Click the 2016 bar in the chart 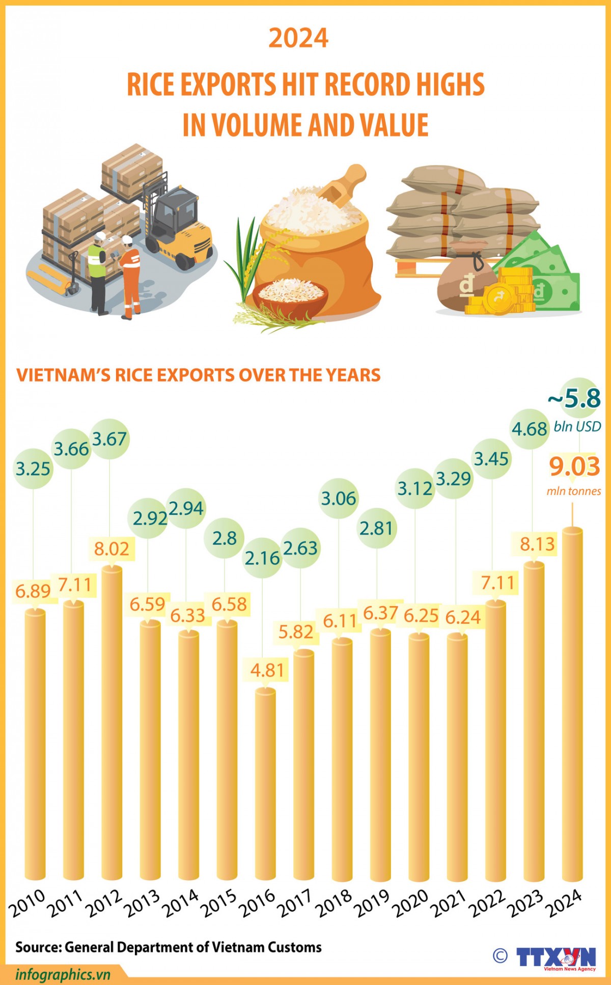point(265,784)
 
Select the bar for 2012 point(112,723)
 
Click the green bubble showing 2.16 point(262,558)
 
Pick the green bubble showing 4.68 point(530,429)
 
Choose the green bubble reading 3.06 point(339,498)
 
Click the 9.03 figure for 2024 point(574,467)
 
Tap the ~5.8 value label point(574,399)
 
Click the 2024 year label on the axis point(564,904)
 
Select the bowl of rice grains point(291,295)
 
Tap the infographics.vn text point(63,974)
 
